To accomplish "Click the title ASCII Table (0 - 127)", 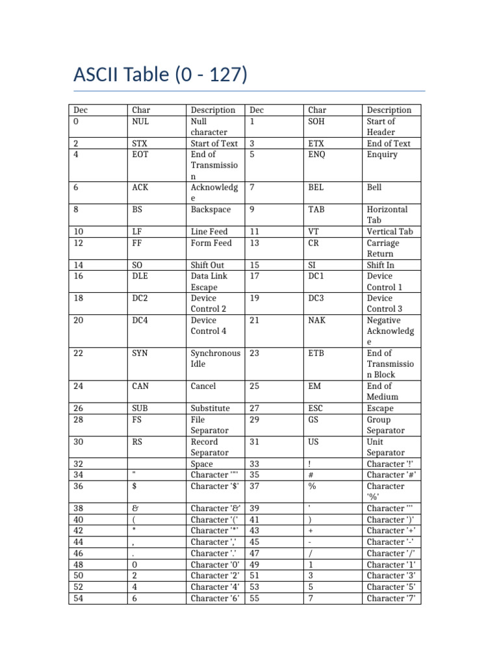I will [x=160, y=75].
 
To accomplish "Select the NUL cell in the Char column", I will [x=140, y=121].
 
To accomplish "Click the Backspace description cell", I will [x=211, y=210].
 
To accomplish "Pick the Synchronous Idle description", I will [x=215, y=358].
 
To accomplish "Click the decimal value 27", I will [x=254, y=408].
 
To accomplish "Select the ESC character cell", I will [x=316, y=408].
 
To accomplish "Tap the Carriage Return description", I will [x=383, y=248].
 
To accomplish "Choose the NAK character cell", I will [x=317, y=320].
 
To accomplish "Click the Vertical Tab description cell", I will [x=390, y=232].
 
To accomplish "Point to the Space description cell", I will [x=202, y=464].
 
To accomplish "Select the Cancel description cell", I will [x=203, y=386].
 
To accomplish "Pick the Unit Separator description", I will [x=385, y=447].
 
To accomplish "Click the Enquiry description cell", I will [x=382, y=155].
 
